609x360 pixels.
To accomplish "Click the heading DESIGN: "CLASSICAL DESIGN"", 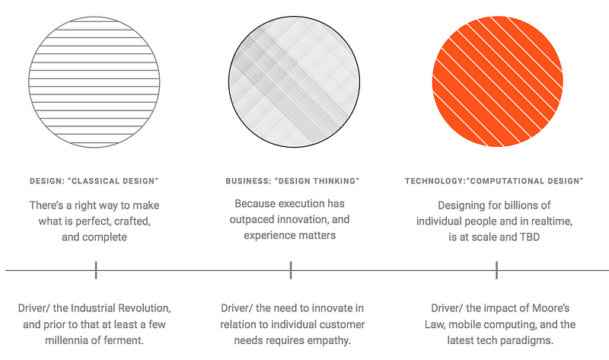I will click(94, 180).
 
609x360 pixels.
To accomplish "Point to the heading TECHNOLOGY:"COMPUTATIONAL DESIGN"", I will click(494, 180).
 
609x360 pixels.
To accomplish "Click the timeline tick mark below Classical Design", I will click(96, 269).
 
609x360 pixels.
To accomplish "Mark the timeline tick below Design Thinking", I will click(291, 269).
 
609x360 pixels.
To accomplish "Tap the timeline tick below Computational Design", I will click(497, 269).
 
